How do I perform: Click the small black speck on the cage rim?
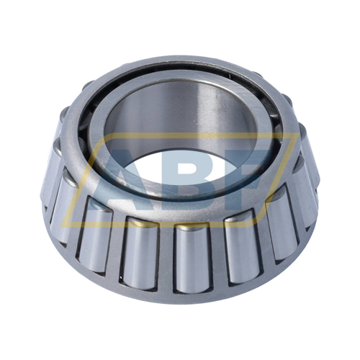pyautogui.click(x=230, y=76)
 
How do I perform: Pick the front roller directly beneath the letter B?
pyautogui.click(x=194, y=258)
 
